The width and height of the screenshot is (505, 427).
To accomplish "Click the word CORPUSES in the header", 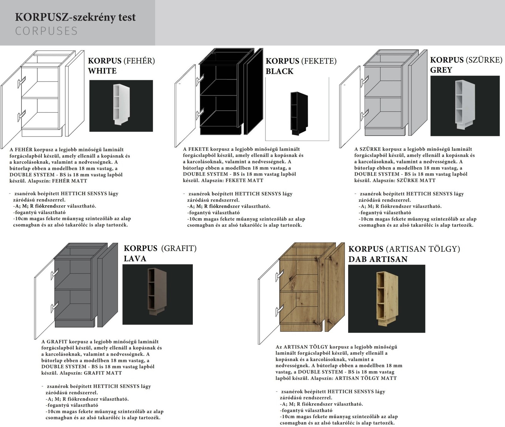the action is (46, 31).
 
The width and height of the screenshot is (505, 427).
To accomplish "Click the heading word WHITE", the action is (102, 71).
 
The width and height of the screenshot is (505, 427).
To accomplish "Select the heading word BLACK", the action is (280, 71).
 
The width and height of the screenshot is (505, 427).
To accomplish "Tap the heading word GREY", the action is (441, 70).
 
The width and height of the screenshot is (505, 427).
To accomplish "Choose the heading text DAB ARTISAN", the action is (378, 259).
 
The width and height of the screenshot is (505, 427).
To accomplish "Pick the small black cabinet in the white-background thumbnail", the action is (299, 113).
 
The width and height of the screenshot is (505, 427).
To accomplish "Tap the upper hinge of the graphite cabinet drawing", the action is (55, 274).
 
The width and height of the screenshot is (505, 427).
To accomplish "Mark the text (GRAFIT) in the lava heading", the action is (179, 249).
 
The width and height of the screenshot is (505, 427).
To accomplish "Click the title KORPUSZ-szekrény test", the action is (75, 17).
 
